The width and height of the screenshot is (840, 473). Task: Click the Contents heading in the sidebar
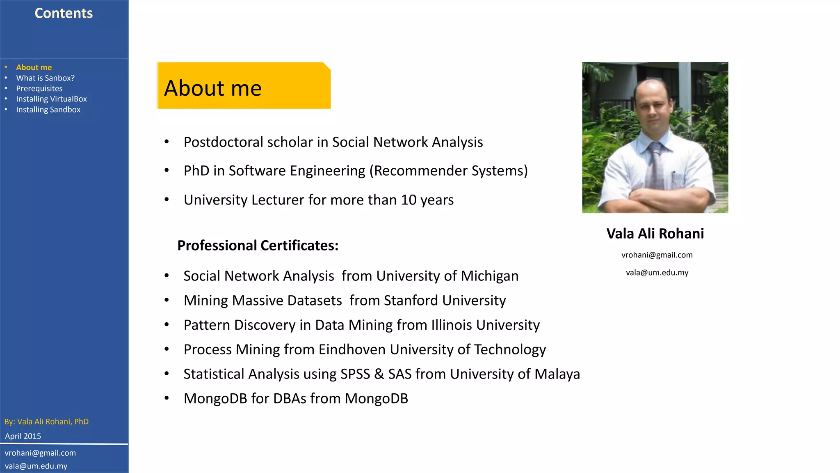coord(64,13)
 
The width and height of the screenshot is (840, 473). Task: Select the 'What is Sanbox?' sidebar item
coord(45,78)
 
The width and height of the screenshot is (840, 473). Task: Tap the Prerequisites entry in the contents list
coord(39,89)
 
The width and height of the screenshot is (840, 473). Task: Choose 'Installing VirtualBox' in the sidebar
coord(51,99)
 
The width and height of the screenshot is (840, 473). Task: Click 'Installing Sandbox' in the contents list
coord(48,110)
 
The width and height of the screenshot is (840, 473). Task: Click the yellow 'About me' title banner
coord(244,86)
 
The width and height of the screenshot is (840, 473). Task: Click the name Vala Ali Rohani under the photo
coord(655,234)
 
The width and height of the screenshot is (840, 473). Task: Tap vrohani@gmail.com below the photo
coord(657,255)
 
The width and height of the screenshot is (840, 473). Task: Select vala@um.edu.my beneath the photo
coord(657,273)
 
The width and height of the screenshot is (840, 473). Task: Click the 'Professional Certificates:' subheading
coord(258,246)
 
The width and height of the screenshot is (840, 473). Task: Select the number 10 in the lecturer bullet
coord(409,200)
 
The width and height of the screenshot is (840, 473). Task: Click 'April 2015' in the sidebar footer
coord(23,436)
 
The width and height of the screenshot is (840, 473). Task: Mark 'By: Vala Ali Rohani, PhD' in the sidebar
coord(46,422)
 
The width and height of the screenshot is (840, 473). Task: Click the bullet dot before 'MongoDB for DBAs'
coord(167,398)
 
